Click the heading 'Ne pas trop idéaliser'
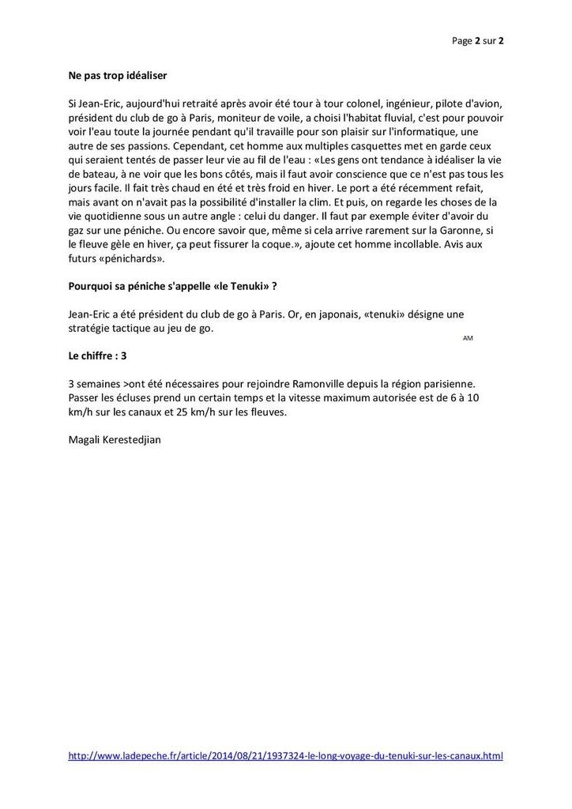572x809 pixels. click(x=118, y=77)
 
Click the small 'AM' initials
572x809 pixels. click(x=468, y=338)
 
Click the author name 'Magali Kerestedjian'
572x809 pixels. click(x=115, y=439)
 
